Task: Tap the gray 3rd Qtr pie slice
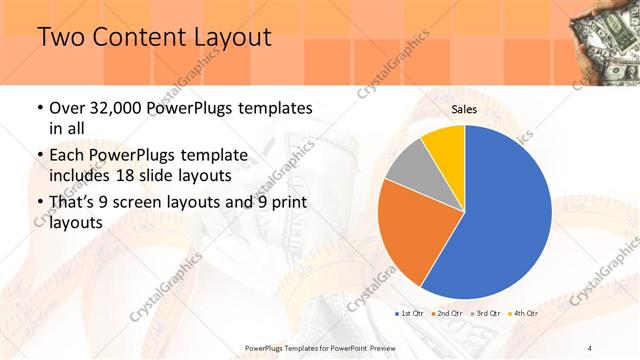tap(408, 166)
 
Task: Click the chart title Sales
tap(464, 109)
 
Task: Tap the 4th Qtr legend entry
tap(525, 314)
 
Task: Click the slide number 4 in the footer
tap(590, 347)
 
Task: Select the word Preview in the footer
tap(376, 347)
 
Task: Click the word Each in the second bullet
tap(68, 155)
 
